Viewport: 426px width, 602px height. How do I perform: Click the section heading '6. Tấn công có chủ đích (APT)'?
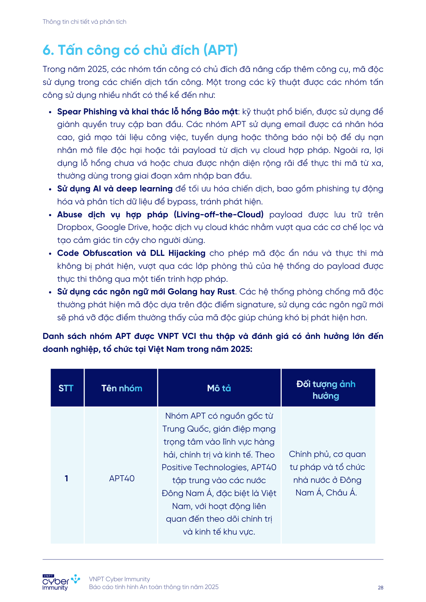click(x=140, y=50)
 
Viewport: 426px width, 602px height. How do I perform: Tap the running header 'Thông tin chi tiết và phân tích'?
click(x=84, y=22)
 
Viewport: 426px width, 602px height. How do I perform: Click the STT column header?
click(x=66, y=388)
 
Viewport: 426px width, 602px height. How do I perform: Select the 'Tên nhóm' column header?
click(x=121, y=388)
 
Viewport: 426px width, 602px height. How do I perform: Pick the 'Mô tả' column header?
click(x=219, y=388)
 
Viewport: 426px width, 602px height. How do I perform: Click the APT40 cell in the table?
click(x=122, y=478)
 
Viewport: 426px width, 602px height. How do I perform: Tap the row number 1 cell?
click(x=66, y=478)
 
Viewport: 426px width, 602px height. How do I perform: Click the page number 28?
click(x=381, y=588)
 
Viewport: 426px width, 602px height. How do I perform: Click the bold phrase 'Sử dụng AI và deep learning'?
click(x=115, y=189)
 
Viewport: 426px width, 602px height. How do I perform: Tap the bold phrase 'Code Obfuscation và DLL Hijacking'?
click(x=131, y=253)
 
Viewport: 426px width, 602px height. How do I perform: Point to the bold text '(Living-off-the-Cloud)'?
click(x=219, y=215)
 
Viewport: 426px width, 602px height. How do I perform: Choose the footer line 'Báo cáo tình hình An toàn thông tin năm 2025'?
click(x=154, y=587)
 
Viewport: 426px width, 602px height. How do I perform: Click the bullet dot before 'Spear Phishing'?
click(x=50, y=112)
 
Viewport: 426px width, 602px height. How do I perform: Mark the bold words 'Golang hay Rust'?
click(x=201, y=292)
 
